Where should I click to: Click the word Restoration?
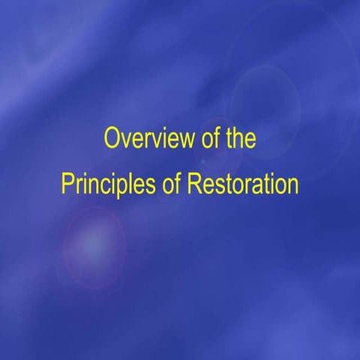pyautogui.click(x=242, y=184)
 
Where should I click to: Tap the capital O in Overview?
pyautogui.click(x=112, y=139)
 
